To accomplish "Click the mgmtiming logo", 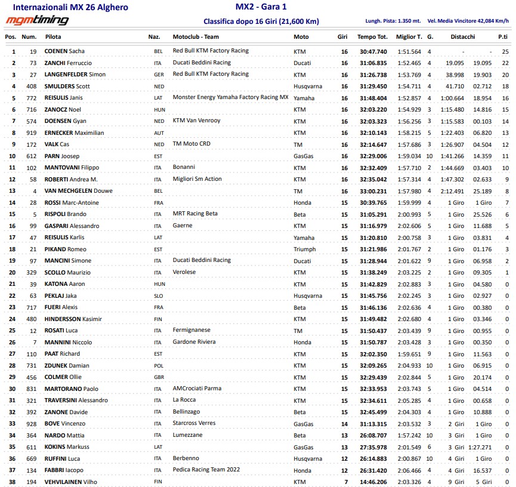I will pyautogui.click(x=37, y=21).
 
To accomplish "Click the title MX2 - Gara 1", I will pyautogui.click(x=261, y=8).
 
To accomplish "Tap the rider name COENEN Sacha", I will pyautogui.click(x=64, y=52).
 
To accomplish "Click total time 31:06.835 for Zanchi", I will pyautogui.click(x=373, y=63).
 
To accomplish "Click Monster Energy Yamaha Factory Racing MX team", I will pyautogui.click(x=230, y=97).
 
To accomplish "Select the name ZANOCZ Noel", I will pyautogui.click(x=63, y=110).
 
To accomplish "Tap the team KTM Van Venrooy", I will pyautogui.click(x=196, y=121).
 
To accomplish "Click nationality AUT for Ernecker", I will pyautogui.click(x=158, y=133).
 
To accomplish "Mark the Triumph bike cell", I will pyautogui.click(x=305, y=249).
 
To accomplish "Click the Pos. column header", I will pyautogui.click(x=11, y=37).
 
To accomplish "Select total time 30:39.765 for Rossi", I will pyautogui.click(x=373, y=203).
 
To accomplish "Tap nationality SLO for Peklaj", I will pyautogui.click(x=158, y=296).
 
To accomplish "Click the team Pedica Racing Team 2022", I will pyautogui.click(x=206, y=470).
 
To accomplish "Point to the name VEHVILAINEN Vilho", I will pyautogui.click(x=70, y=482).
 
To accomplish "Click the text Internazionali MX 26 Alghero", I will pyautogui.click(x=70, y=8).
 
